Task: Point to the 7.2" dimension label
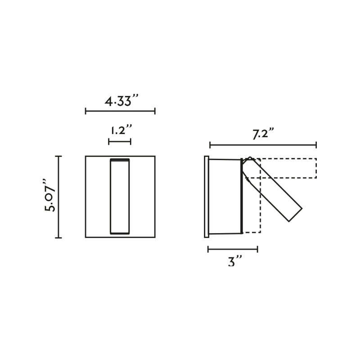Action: pyautogui.click(x=263, y=134)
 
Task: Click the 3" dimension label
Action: pyautogui.click(x=235, y=261)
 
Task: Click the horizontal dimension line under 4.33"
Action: pyautogui.click(x=120, y=111)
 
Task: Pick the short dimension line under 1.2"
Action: pyautogui.click(x=120, y=142)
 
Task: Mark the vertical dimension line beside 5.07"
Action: pyautogui.click(x=58, y=197)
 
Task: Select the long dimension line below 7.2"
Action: pyautogui.click(x=263, y=145)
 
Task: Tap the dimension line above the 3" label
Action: pyautogui.click(x=233, y=249)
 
